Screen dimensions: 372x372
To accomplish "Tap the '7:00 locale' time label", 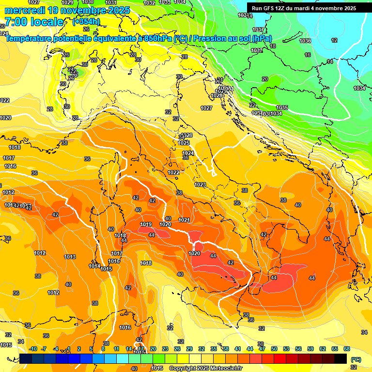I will [x=33, y=22].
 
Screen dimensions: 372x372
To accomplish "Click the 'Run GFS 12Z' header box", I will [x=303, y=8].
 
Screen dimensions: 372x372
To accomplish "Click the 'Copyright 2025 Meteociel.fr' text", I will [x=205, y=368].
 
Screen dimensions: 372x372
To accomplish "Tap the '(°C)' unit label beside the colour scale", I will [x=355, y=359].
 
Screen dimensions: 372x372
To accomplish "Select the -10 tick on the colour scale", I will [x=33, y=349].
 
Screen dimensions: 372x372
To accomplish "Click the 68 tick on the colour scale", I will [x=347, y=349].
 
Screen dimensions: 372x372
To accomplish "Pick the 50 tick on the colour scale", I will [x=274, y=349].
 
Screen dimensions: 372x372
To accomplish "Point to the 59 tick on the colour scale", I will [x=310, y=349].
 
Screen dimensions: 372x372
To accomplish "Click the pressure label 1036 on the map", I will [x=305, y=41].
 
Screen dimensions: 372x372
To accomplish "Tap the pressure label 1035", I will [x=282, y=108].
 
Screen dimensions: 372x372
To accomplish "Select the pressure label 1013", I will [x=70, y=257].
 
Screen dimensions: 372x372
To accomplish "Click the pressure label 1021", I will [x=184, y=220].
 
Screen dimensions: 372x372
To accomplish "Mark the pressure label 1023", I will [x=200, y=185].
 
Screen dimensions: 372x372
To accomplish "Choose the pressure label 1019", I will [x=146, y=224].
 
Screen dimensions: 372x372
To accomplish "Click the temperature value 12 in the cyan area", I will [x=334, y=40].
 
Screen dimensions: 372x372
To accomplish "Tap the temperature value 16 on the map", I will [x=308, y=55].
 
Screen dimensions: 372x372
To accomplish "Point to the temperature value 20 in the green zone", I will [x=265, y=79].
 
